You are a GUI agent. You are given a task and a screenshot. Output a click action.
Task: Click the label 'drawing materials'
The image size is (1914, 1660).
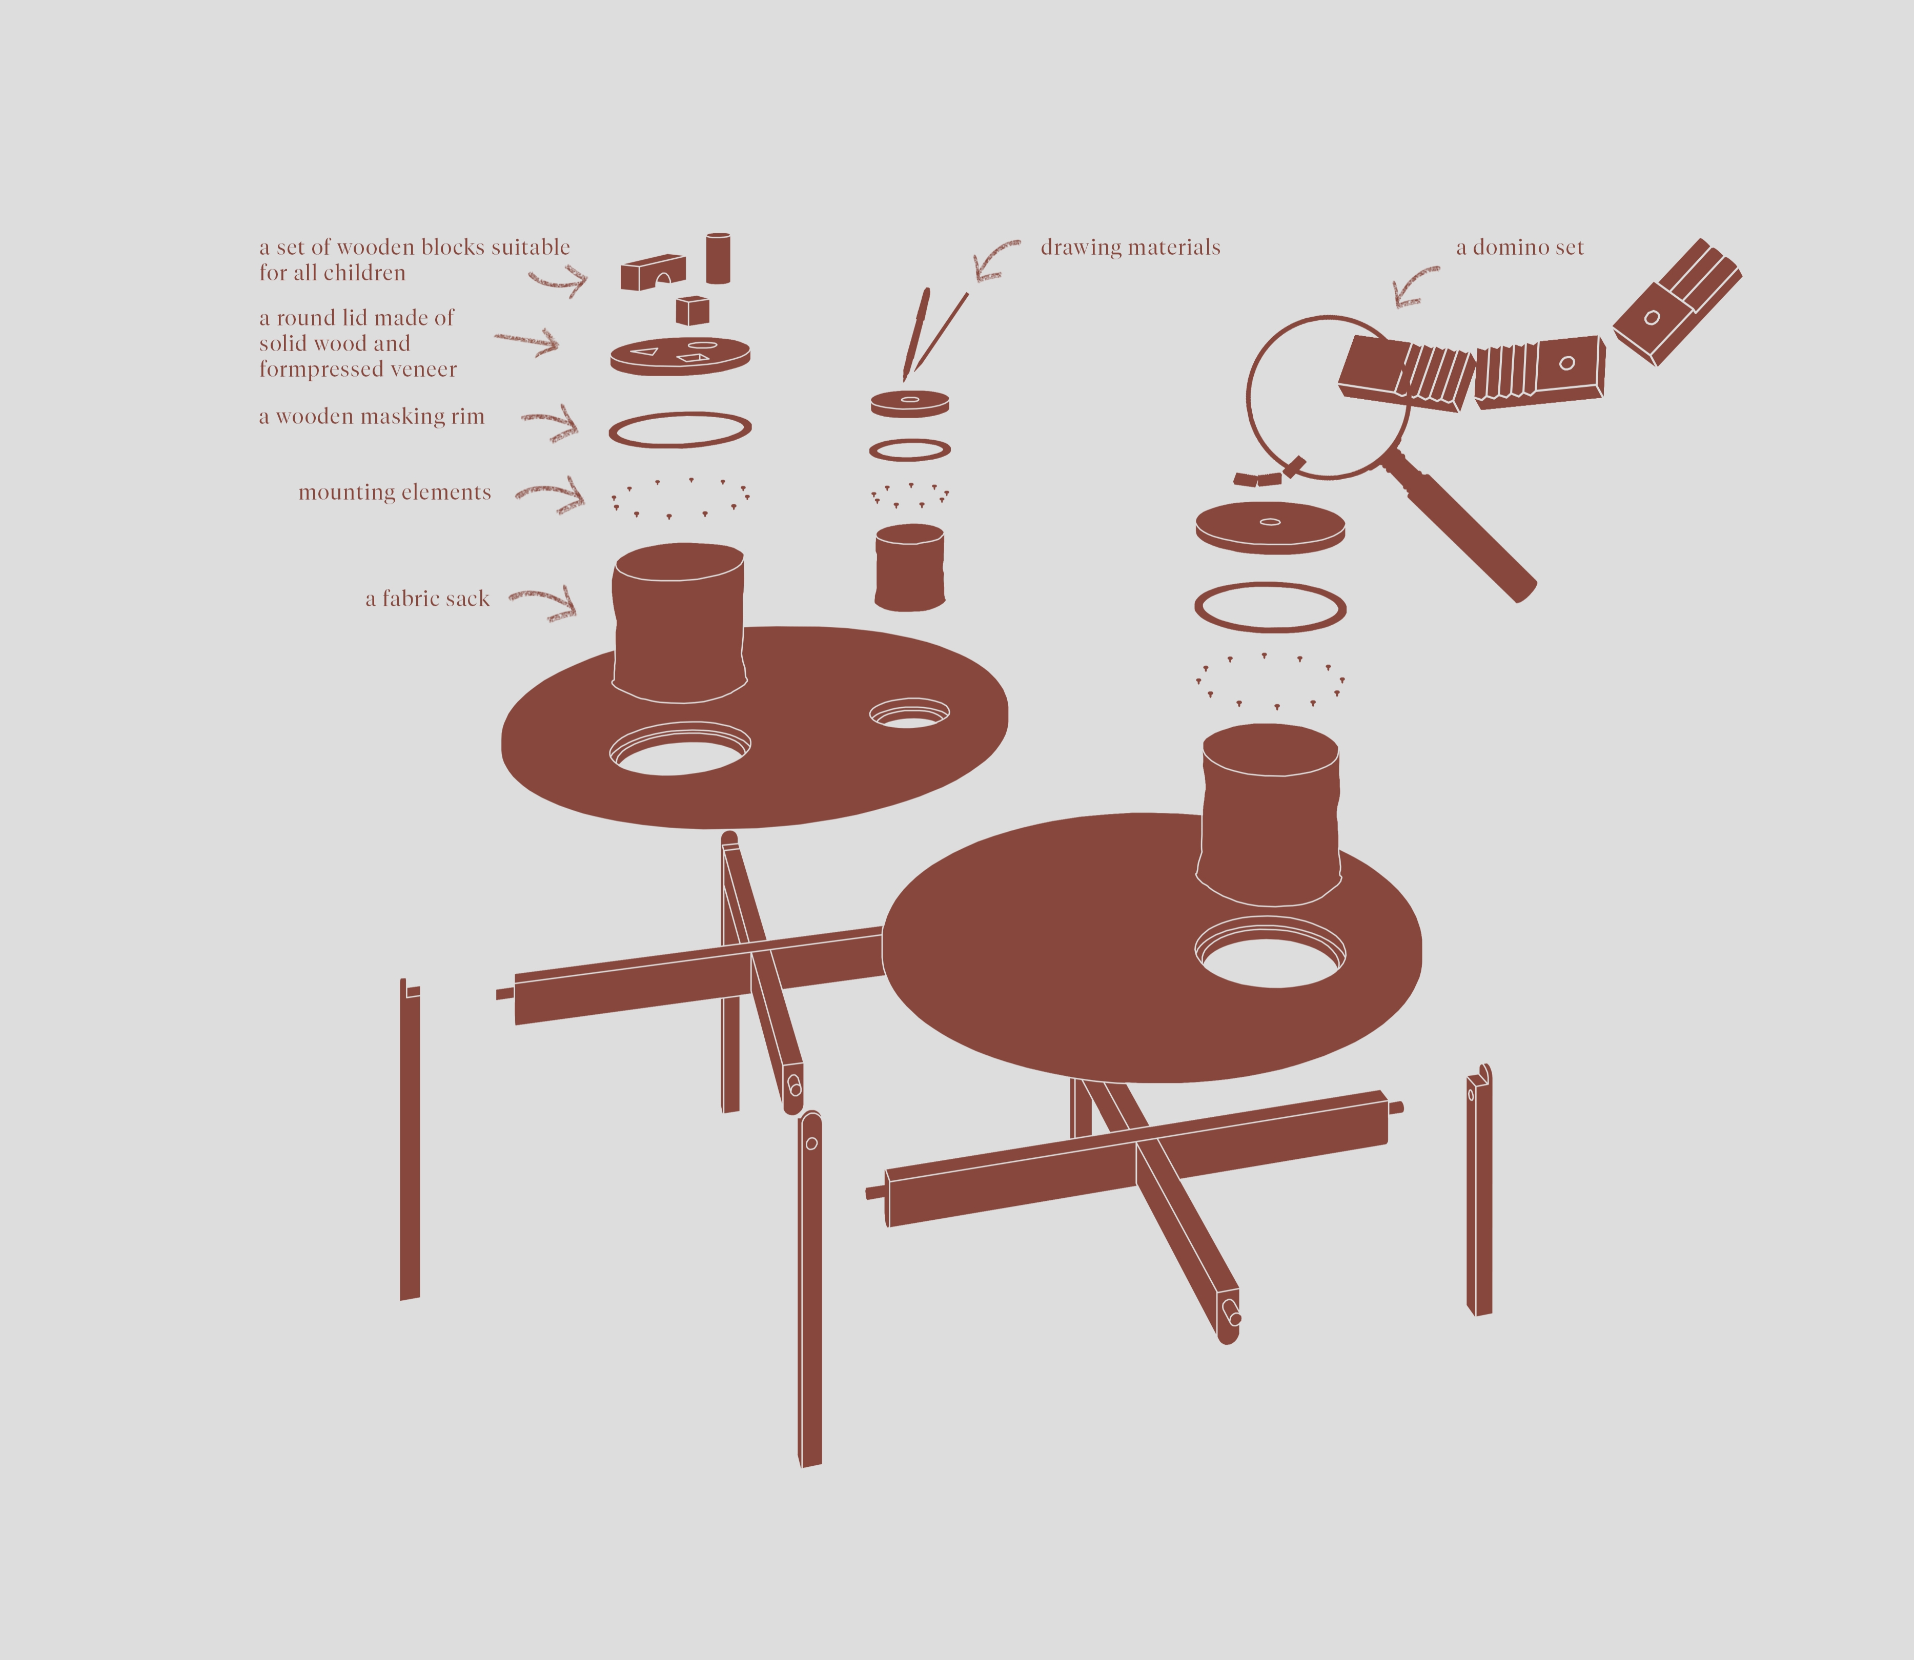1130,248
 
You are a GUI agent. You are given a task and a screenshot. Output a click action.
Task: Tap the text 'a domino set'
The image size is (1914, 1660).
1520,248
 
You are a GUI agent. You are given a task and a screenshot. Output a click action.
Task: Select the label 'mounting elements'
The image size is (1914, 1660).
395,492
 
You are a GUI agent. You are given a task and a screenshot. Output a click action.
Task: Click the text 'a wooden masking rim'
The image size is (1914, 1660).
372,417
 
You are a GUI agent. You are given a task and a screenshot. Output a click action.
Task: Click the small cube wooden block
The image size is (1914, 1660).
692,311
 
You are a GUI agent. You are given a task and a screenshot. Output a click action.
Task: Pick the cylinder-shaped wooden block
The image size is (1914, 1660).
718,258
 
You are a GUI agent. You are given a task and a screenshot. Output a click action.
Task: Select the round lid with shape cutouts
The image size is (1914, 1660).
680,355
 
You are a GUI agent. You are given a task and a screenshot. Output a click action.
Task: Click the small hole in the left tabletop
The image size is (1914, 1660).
909,713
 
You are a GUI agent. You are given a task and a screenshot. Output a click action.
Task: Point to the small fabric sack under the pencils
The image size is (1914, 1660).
910,568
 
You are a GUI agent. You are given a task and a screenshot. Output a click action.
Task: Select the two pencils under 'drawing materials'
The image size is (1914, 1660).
934,334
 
